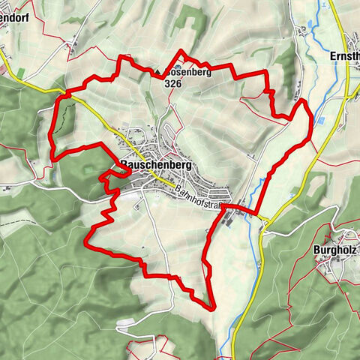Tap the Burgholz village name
pyautogui.click(x=335, y=250)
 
